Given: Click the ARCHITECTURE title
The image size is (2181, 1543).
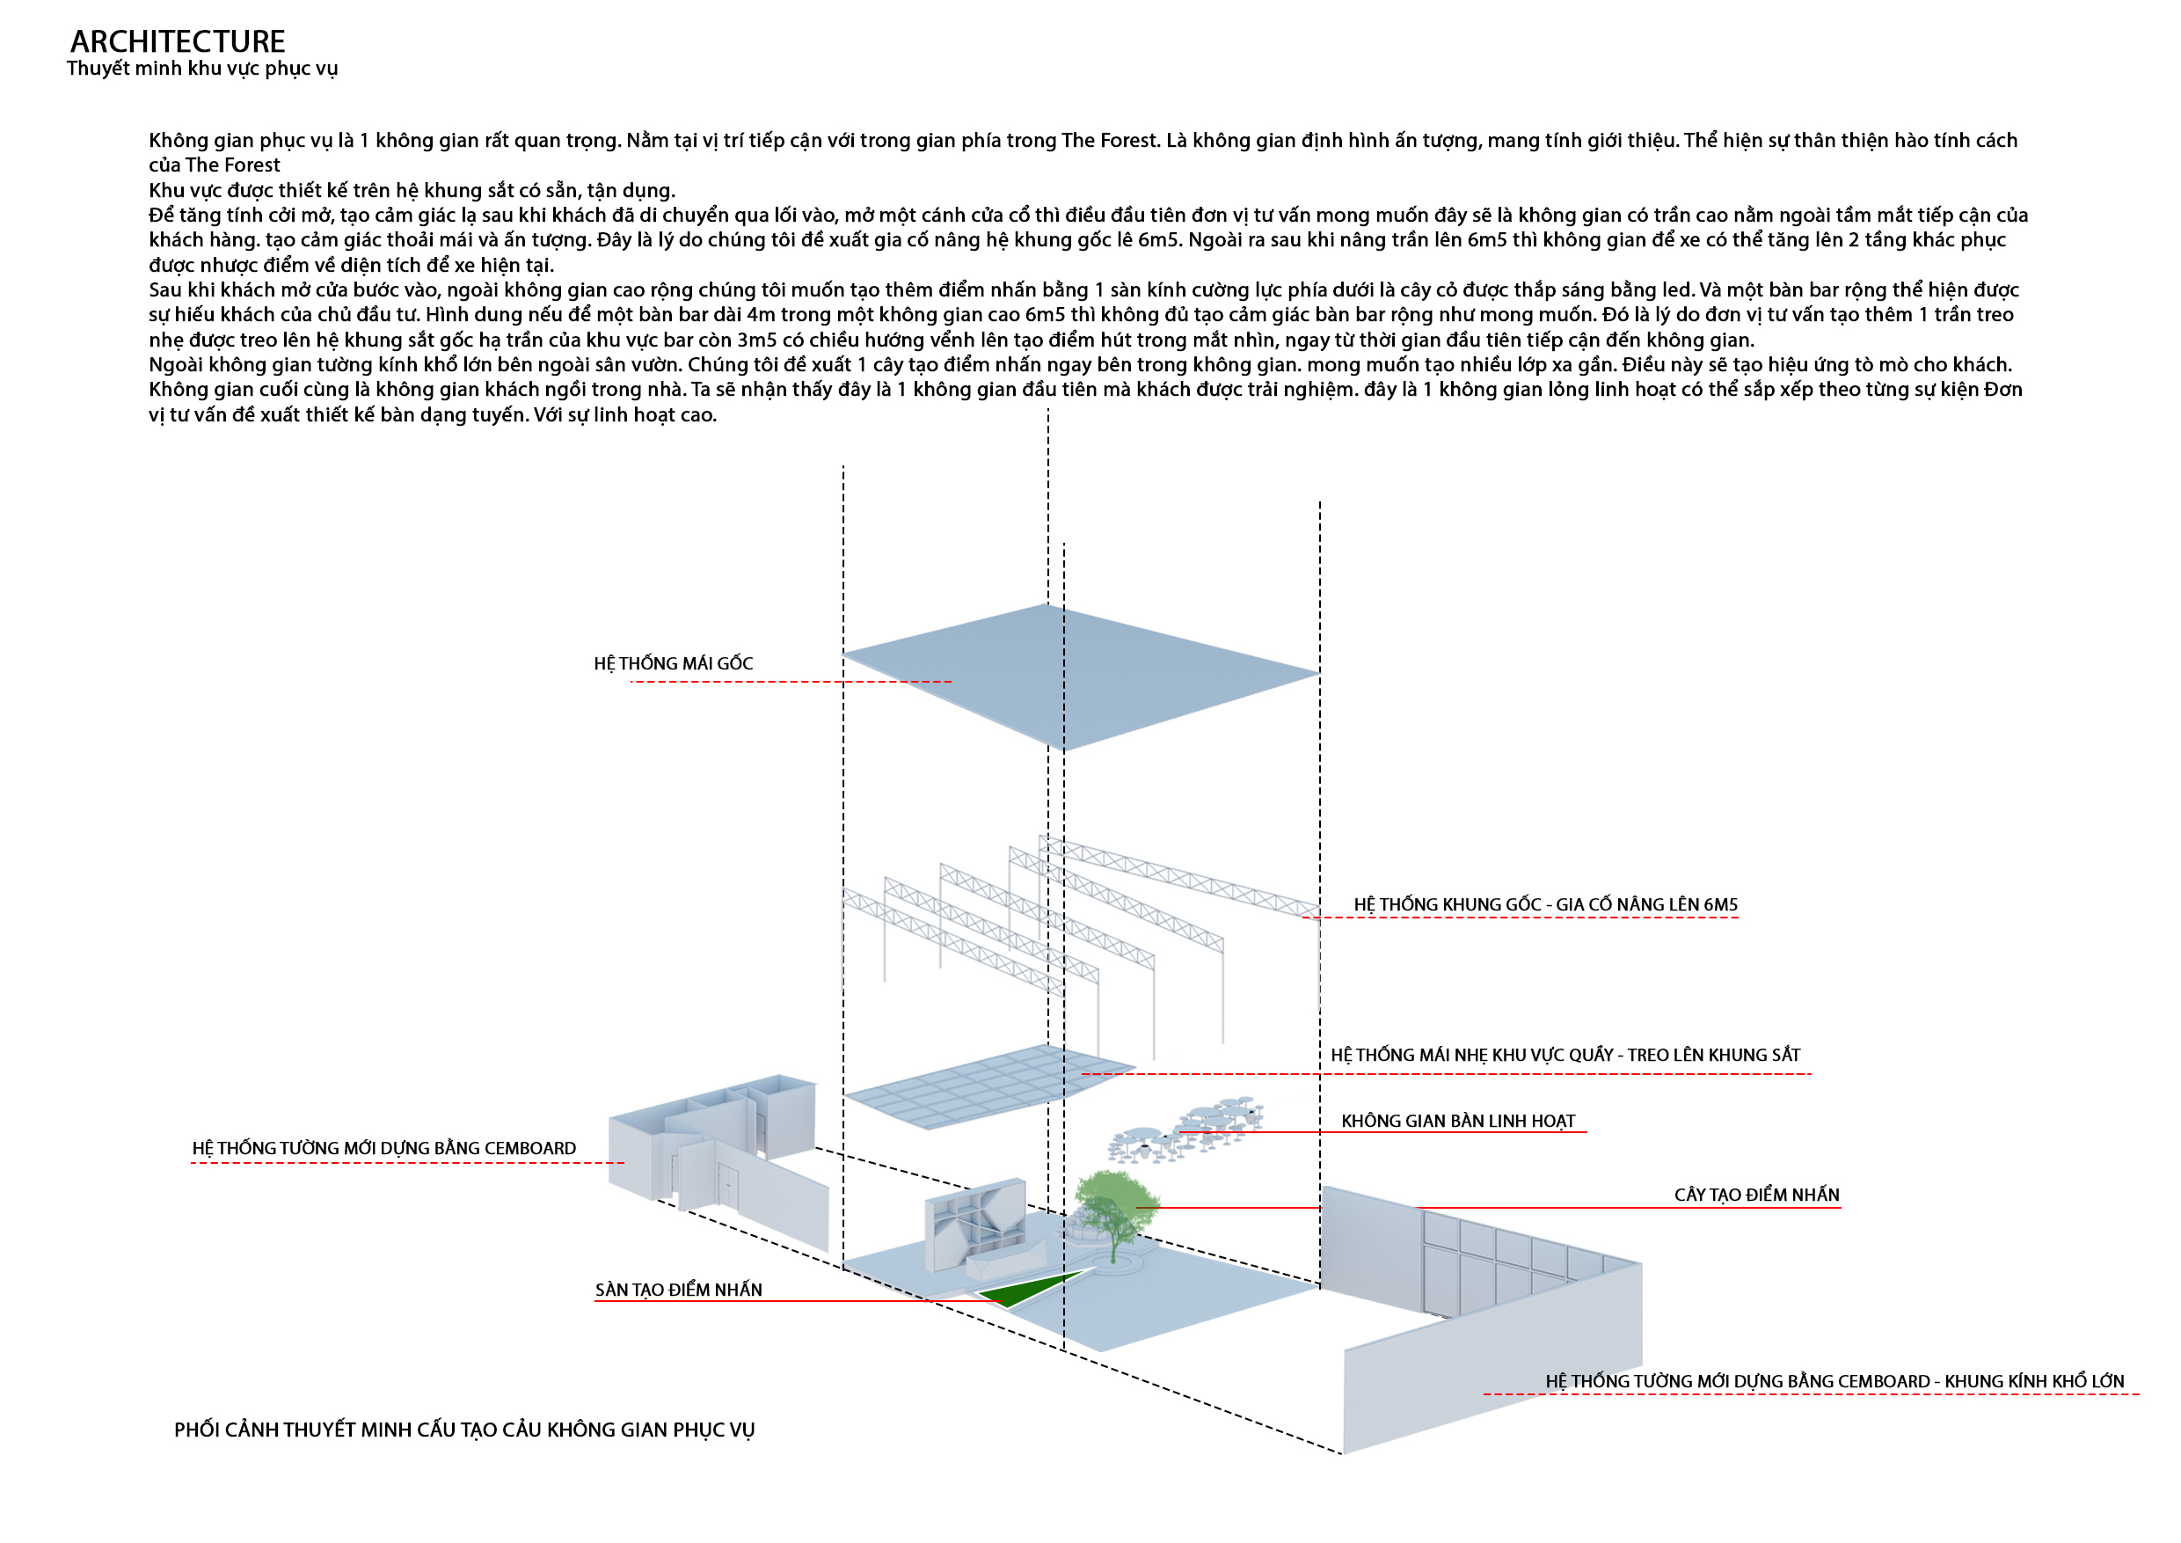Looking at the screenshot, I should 178,42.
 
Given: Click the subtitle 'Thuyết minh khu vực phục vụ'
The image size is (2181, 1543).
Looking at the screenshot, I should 202,69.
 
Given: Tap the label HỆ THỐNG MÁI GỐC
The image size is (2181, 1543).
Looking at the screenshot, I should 674,664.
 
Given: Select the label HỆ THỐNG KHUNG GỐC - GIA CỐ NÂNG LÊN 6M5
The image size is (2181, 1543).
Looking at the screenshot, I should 1545,905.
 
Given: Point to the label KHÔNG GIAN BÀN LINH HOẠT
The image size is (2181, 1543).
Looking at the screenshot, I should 1458,1121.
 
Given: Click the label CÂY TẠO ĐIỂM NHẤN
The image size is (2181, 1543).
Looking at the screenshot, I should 1756,1196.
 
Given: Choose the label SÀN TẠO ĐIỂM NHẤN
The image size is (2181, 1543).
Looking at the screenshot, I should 678,1291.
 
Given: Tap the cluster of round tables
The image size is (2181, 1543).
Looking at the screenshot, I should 1187,1130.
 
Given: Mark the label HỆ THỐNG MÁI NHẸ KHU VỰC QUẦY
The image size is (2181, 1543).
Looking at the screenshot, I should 1565,1056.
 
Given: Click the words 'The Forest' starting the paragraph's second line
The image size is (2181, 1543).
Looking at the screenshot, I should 233,165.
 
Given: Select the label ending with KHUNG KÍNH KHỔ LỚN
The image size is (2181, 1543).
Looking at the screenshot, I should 1835,1382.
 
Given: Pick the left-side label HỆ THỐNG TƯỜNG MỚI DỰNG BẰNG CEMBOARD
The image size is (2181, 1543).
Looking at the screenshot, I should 383,1149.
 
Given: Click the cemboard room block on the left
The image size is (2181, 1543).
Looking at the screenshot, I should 712,1150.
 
